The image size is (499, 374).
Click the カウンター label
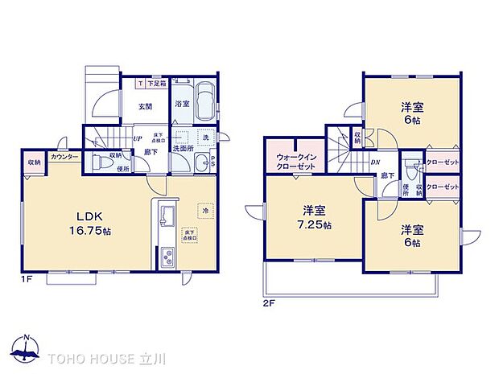[x=64, y=156]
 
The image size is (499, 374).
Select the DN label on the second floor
[x=375, y=162]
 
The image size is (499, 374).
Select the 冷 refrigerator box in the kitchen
[x=205, y=211]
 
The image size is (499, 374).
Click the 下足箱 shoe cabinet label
[x=156, y=84]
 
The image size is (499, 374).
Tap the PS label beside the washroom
[x=212, y=161]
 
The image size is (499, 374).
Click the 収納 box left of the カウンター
[x=34, y=162]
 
